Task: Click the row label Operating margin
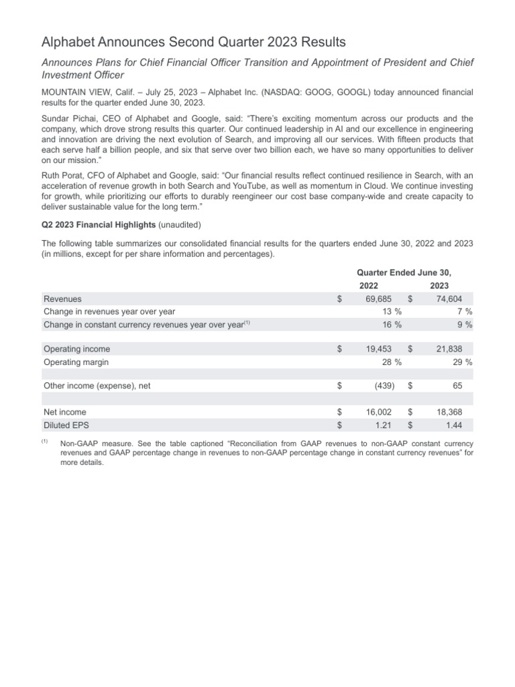tap(76, 362)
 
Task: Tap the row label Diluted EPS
tap(66, 425)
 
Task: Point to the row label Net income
tap(65, 412)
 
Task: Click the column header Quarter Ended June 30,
tap(404, 272)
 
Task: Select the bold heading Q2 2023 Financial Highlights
tap(98, 223)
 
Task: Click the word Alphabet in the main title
tap(68, 43)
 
